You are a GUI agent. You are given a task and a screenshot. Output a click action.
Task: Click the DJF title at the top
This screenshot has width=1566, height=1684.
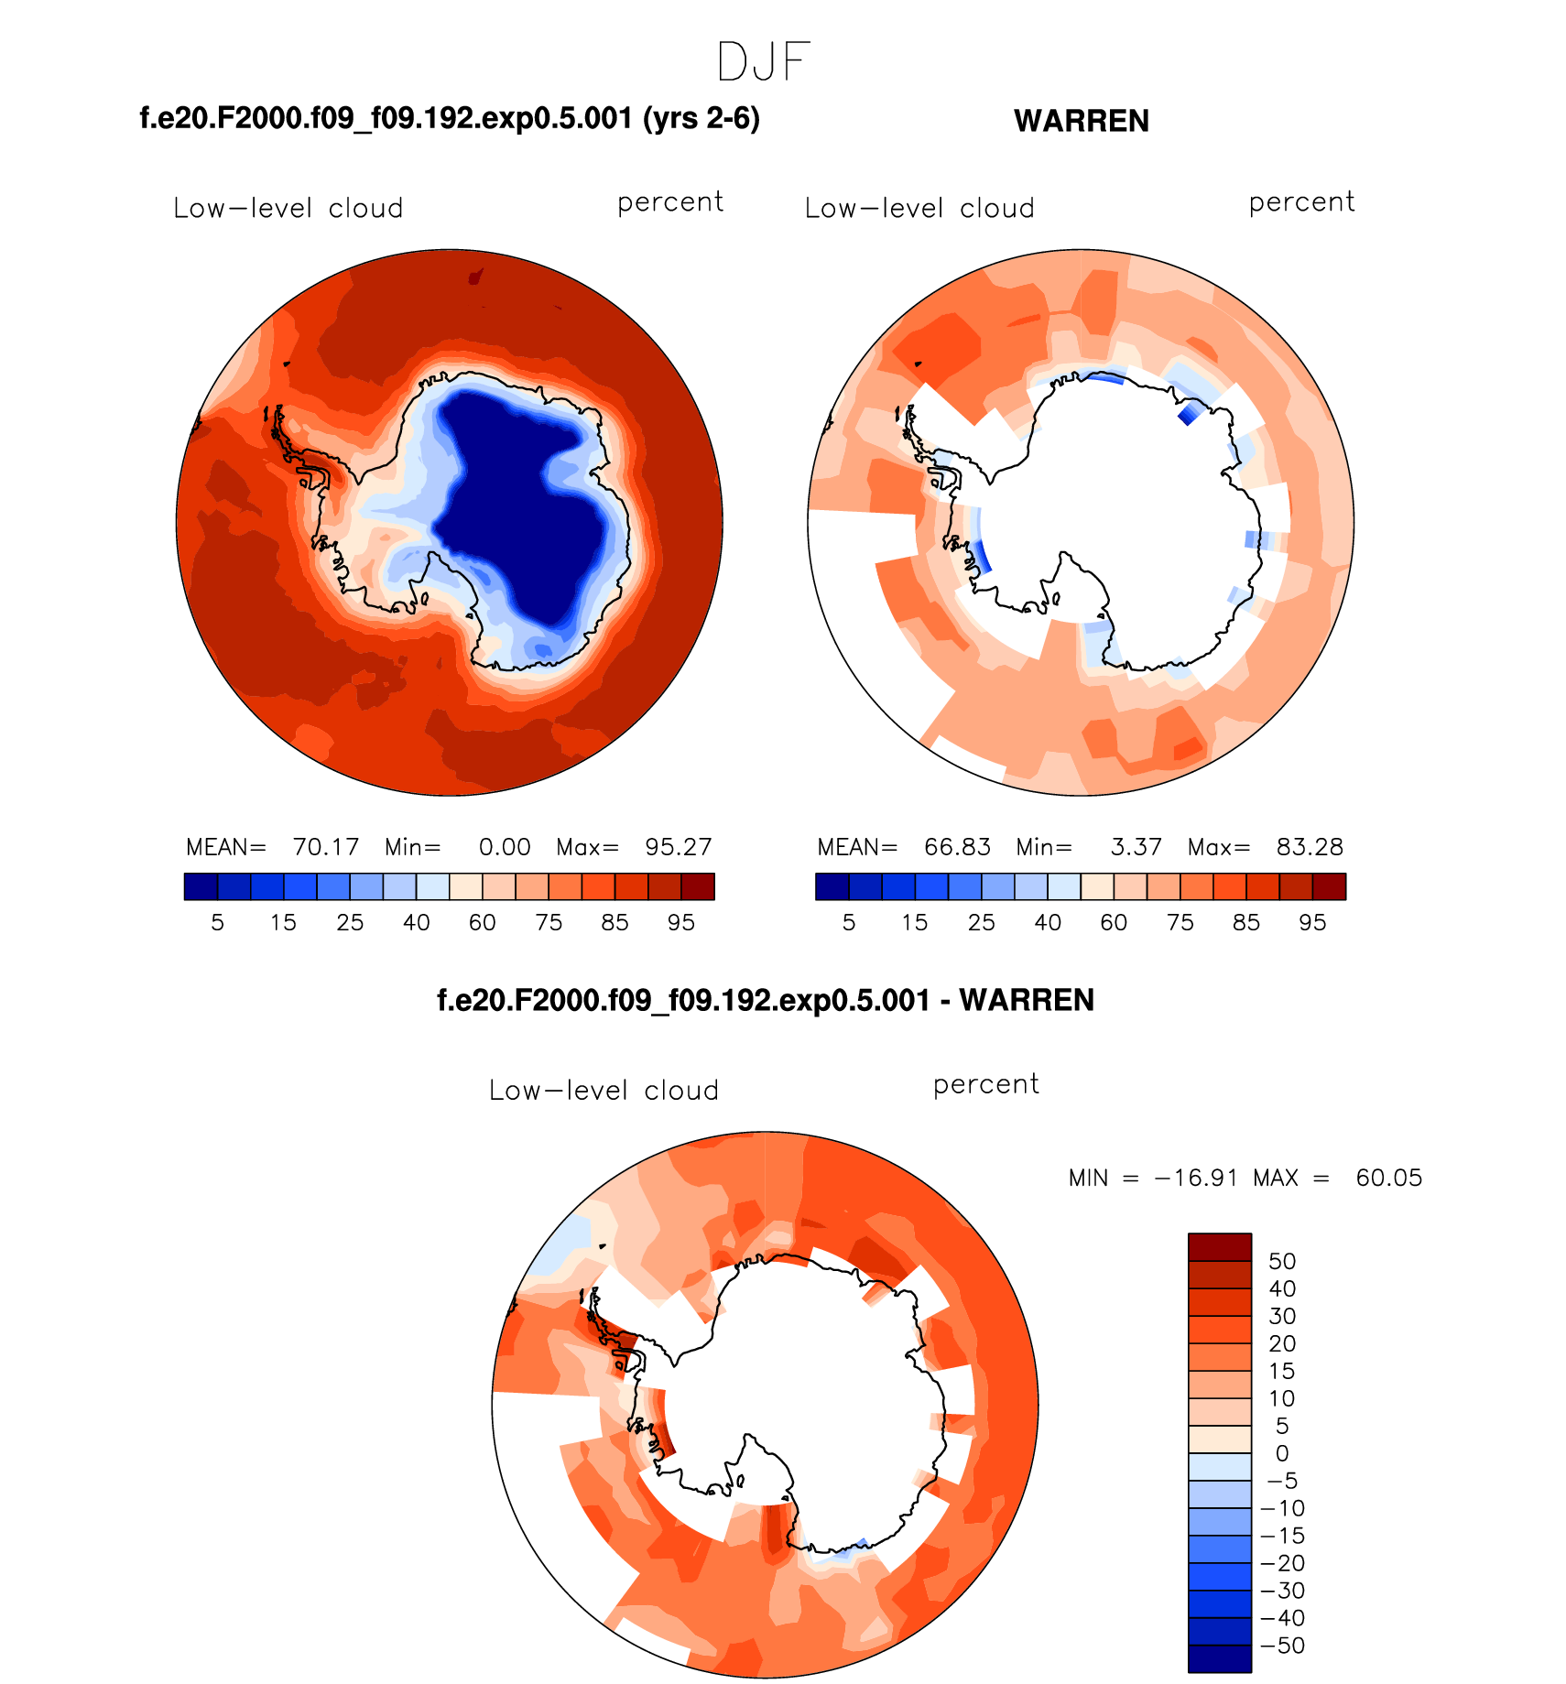[x=763, y=62]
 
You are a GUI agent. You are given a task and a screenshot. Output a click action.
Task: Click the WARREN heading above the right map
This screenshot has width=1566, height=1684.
[x=1081, y=121]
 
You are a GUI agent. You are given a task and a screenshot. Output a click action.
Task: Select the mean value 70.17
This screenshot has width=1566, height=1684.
[x=325, y=847]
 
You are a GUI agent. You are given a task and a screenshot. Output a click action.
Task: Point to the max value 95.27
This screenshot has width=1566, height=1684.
[x=678, y=847]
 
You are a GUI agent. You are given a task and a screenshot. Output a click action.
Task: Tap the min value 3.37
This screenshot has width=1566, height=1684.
[x=1136, y=847]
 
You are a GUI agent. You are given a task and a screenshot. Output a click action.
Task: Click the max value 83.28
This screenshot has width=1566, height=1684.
[x=1310, y=847]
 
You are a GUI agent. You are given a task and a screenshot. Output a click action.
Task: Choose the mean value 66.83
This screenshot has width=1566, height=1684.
[x=957, y=847]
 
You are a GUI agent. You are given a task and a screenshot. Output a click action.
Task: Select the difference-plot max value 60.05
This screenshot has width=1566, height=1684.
[x=1388, y=1178]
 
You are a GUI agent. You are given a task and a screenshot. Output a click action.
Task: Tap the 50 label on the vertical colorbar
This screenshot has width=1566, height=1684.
[x=1282, y=1262]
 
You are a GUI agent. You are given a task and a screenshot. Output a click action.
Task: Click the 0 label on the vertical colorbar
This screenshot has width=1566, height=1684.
[x=1282, y=1453]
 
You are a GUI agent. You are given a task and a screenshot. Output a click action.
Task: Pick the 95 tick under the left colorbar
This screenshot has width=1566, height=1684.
[x=680, y=923]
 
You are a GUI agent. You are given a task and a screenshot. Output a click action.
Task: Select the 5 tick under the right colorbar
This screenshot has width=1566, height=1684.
[x=849, y=923]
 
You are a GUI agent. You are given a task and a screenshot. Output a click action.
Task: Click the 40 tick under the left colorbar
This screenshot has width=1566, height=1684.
[x=416, y=923]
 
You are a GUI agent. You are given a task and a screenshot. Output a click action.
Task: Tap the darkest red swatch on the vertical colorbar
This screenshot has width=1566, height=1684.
[x=1219, y=1247]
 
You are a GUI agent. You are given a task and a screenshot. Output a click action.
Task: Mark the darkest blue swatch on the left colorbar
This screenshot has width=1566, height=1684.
[x=201, y=886]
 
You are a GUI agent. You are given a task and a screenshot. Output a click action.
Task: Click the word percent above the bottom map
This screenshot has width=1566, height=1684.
[x=985, y=1084]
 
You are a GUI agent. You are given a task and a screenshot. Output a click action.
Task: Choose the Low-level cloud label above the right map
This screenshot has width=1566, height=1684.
[x=919, y=209]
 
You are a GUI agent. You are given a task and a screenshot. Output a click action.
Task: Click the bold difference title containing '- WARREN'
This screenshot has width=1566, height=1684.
[x=766, y=1000]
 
